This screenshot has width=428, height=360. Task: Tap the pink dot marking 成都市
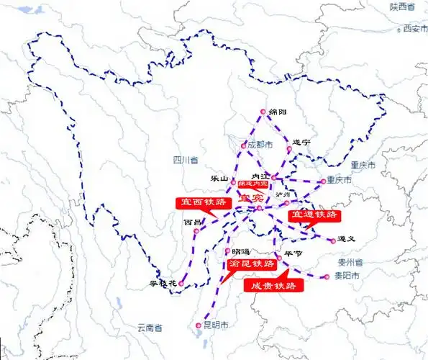coord(244,146)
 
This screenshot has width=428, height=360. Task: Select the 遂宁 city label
coord(301,143)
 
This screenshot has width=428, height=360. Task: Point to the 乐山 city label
coord(219,178)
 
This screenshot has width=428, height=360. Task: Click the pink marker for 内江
coord(274,176)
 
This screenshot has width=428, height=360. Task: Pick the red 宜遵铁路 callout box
coord(314,215)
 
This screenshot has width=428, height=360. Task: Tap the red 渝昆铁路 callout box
coord(251,264)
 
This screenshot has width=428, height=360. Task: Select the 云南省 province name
coord(151,328)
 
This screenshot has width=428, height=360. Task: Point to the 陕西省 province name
coord(404,6)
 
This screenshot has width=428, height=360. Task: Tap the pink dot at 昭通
coord(227,251)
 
